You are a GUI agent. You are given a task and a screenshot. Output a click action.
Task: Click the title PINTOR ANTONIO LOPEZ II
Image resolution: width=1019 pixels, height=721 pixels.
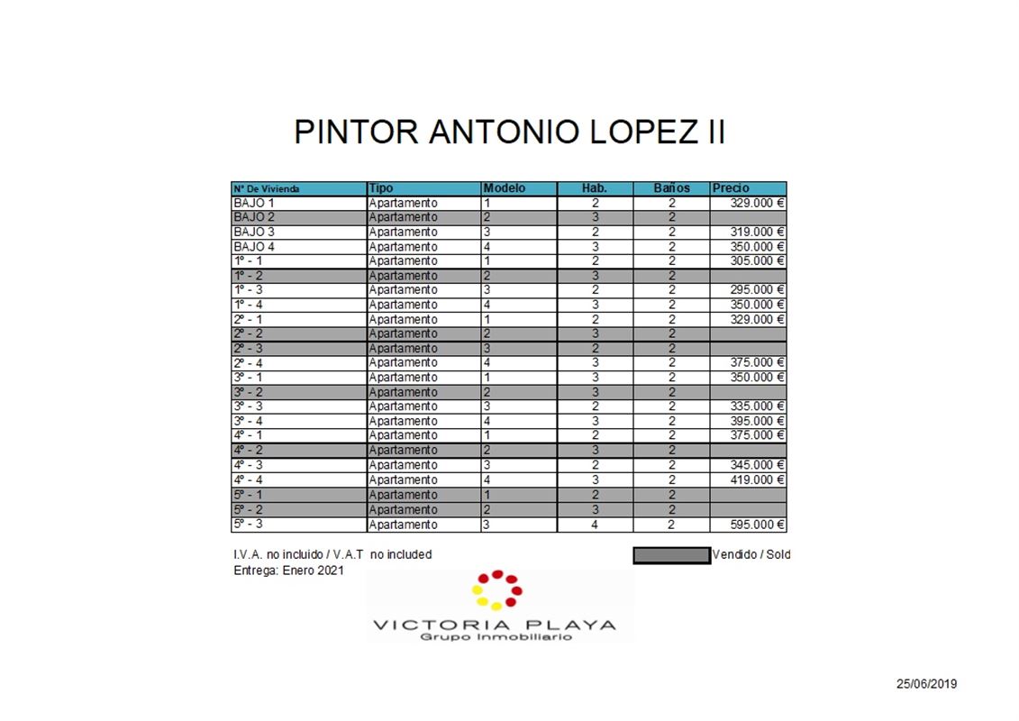[x=509, y=132]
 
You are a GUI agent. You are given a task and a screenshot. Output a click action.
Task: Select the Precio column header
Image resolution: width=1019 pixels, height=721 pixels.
[x=731, y=188]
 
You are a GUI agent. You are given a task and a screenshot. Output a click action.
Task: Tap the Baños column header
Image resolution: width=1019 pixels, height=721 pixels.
[x=671, y=188]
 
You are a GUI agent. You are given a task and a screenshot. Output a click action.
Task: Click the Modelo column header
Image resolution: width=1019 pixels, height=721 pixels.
[x=505, y=188]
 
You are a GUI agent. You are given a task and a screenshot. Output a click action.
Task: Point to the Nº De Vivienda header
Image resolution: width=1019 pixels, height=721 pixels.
[x=267, y=189]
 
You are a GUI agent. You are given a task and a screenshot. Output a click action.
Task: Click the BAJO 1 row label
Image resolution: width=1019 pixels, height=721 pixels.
[x=254, y=203]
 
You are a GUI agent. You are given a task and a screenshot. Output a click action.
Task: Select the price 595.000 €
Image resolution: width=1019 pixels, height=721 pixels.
[x=756, y=525]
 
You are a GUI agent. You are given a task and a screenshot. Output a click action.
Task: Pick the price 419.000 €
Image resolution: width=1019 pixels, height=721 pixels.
[x=756, y=479]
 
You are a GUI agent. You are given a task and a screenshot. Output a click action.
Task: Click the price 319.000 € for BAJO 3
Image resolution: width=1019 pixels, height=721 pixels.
[x=756, y=232]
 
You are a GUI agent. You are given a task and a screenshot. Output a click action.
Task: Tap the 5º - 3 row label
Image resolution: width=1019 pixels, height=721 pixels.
[x=248, y=524]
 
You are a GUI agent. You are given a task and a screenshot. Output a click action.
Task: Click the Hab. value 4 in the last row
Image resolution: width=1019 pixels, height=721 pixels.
[x=595, y=525]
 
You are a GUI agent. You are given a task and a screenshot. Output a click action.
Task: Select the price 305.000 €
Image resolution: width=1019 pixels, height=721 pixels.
[x=756, y=260]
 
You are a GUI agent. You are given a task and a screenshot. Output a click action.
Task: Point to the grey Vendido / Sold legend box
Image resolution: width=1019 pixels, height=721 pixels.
[x=671, y=555]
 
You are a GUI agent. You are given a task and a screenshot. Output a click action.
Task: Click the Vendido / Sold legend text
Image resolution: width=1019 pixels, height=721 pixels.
[x=751, y=554]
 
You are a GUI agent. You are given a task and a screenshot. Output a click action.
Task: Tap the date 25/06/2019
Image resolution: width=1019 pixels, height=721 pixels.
[x=926, y=684]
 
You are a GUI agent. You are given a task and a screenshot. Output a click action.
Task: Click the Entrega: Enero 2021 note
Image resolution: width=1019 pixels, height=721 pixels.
[x=288, y=570]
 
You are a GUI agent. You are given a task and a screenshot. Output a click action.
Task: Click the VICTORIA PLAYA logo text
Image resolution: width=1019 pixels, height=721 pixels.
[x=495, y=625]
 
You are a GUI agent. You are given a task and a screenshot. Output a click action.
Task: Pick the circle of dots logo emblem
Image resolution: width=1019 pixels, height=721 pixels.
[x=496, y=589]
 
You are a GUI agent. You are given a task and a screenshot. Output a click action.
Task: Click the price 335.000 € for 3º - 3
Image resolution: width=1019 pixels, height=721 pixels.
[x=756, y=406]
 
